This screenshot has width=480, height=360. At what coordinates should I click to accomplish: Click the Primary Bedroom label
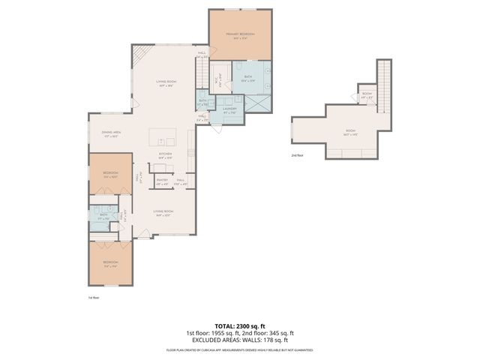pos(239,34)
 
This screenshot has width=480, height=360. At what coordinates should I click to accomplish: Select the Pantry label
pos(161,180)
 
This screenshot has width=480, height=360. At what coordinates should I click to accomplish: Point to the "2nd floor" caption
pos(298,155)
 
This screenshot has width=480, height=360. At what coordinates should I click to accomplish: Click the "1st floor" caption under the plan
pos(94,297)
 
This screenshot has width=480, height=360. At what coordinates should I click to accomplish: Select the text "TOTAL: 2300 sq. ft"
pos(239,326)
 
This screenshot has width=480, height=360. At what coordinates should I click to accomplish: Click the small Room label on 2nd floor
pos(366,95)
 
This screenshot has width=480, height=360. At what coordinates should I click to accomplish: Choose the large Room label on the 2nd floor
pos(350,130)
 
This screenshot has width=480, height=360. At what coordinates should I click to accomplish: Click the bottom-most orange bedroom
pos(111,263)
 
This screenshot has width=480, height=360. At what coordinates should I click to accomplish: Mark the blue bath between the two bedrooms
pos(103,217)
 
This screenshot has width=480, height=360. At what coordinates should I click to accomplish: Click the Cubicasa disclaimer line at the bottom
pos(239,349)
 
